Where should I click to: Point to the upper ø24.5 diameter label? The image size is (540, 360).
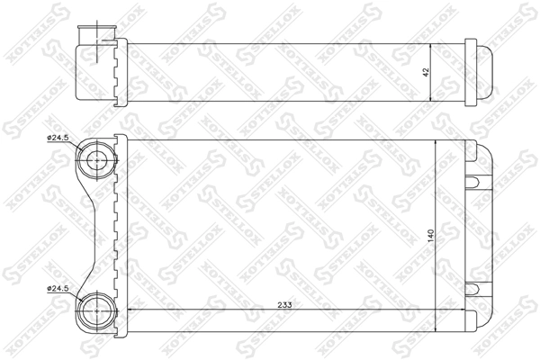tap(58, 138)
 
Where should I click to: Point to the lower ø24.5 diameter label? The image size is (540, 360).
tap(58, 288)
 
